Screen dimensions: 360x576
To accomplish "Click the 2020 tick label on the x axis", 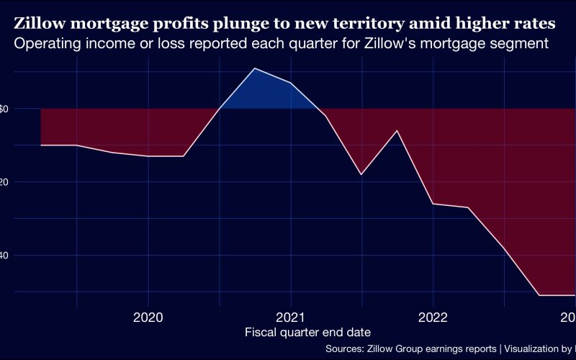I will [x=148, y=316].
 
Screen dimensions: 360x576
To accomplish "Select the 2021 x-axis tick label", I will [x=291, y=316].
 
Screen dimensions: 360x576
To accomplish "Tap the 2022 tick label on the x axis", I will [x=433, y=316].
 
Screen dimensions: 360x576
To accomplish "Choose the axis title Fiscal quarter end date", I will [x=308, y=332].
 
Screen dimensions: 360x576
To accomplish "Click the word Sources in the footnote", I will [x=344, y=348].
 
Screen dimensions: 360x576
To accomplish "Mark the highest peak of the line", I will [x=254, y=68].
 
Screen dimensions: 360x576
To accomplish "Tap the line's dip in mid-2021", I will [x=361, y=174].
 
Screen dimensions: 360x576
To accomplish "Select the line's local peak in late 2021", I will [x=397, y=130].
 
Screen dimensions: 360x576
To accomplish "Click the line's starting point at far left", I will [x=41, y=145].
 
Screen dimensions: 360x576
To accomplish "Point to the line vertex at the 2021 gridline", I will [x=291, y=84].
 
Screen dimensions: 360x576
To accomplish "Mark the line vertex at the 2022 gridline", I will [x=433, y=204].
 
